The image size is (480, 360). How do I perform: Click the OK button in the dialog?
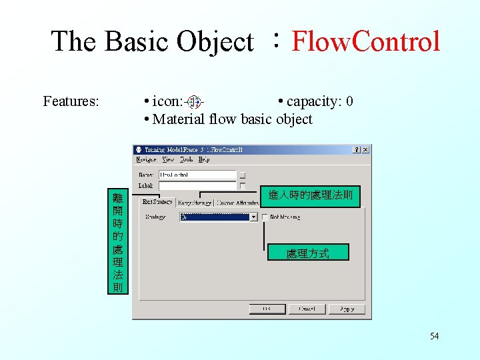[x=267, y=309]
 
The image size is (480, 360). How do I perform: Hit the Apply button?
[x=347, y=309]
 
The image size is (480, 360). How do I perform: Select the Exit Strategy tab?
[x=157, y=201]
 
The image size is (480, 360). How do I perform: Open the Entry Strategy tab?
[x=194, y=202]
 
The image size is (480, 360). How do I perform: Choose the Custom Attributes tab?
[x=237, y=202]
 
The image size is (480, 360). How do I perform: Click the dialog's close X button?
[x=365, y=149]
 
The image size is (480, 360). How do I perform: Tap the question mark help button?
[x=356, y=149]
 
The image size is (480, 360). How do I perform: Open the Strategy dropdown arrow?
[x=253, y=217]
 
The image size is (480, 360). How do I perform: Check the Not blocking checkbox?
[x=265, y=217]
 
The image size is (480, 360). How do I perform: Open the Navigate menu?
[x=146, y=159]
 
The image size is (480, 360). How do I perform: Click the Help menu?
[x=204, y=159]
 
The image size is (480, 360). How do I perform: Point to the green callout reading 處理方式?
[x=307, y=253]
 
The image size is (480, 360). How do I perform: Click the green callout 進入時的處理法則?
[x=311, y=196]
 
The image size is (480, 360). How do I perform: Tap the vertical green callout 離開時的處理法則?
[x=117, y=242]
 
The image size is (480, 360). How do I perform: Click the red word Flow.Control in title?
[x=366, y=41]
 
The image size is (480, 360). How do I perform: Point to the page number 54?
[x=434, y=336]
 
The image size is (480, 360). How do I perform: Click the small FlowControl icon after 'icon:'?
[x=194, y=102]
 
